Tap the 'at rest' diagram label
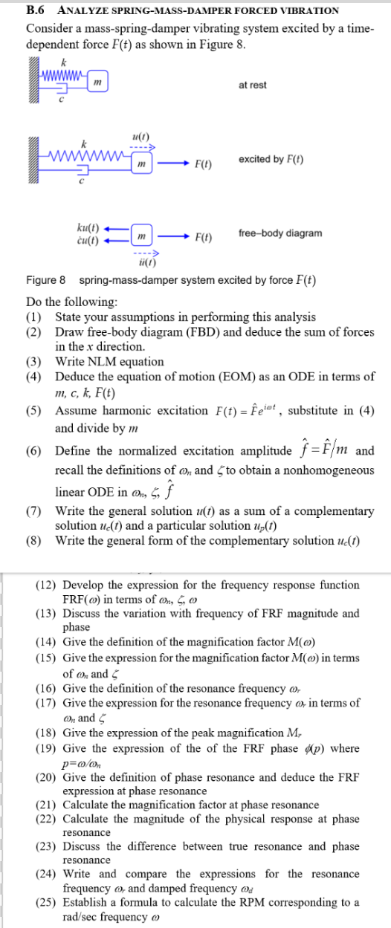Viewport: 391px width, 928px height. coord(252,85)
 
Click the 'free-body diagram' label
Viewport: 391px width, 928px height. coord(280,233)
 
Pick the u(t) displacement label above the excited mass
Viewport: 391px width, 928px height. coord(140,137)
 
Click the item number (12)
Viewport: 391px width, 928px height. coord(48,585)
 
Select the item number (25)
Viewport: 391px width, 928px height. coord(48,902)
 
